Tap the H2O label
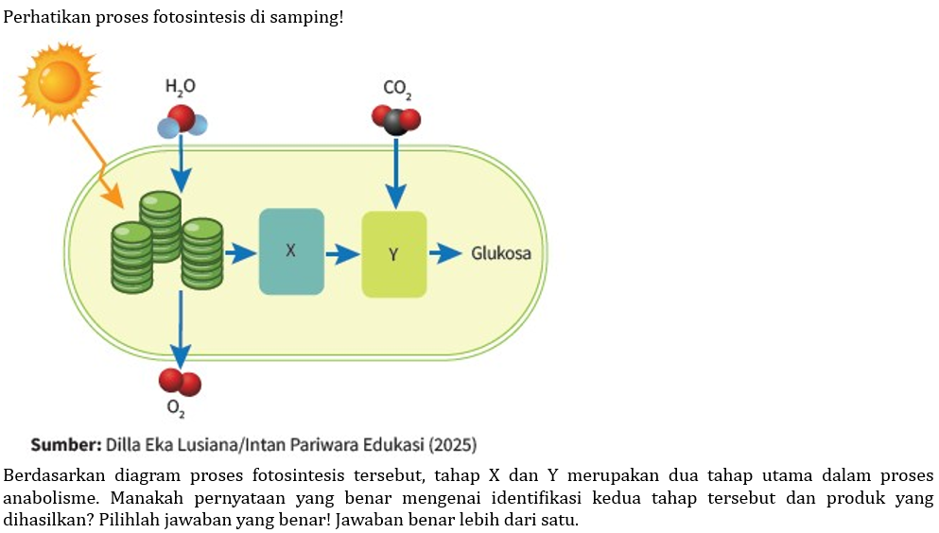coord(180,87)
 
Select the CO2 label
coord(396,89)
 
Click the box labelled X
coord(291,251)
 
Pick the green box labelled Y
coord(393,254)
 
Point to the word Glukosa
coord(501,253)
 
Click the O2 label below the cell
coord(176,409)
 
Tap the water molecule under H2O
coord(181,121)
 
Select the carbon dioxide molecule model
coord(396,120)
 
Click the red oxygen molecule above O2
coord(180,381)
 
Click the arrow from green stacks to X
coord(240,253)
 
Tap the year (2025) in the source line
coord(453,444)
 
